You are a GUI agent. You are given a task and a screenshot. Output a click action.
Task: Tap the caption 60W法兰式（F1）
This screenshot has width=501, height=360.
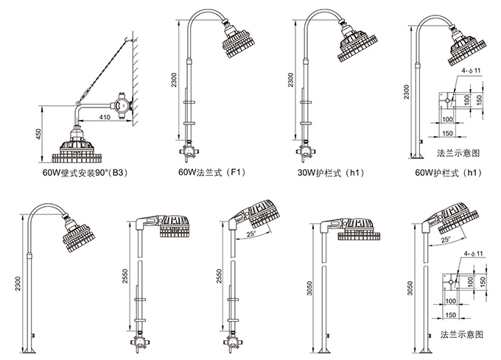(209, 174)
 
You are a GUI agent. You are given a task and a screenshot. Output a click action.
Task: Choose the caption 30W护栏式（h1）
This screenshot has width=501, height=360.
(327, 174)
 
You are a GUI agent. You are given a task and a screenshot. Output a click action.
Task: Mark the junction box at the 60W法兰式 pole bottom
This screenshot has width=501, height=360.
(188, 152)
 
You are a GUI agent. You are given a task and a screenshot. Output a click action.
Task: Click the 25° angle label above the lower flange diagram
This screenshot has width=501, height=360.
(446, 240)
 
